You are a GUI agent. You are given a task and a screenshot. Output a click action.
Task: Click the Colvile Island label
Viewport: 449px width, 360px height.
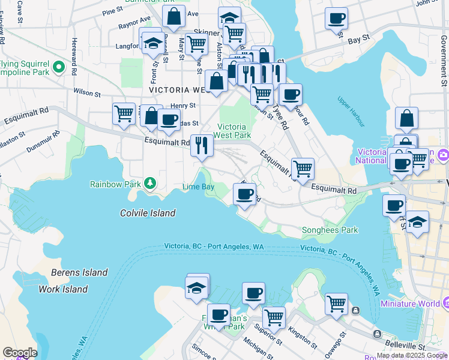(x=148, y=213)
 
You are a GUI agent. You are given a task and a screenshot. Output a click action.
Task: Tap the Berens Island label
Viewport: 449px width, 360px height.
(x=79, y=272)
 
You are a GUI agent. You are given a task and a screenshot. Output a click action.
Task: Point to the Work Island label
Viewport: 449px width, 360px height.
(x=63, y=289)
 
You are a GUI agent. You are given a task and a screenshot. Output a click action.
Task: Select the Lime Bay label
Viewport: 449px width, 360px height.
(x=198, y=187)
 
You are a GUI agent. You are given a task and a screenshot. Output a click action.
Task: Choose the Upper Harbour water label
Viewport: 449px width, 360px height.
(x=351, y=112)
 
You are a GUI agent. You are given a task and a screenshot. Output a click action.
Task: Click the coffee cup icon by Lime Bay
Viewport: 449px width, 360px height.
(x=244, y=194)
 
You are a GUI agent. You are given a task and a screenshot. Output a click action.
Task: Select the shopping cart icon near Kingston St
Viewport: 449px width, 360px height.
(x=274, y=317)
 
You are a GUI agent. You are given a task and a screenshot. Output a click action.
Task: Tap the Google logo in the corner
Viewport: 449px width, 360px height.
(x=19, y=353)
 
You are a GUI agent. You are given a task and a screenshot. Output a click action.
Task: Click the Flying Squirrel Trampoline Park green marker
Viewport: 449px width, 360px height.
(x=59, y=67)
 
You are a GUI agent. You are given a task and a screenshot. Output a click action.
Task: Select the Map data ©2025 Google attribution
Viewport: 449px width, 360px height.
(x=412, y=355)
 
